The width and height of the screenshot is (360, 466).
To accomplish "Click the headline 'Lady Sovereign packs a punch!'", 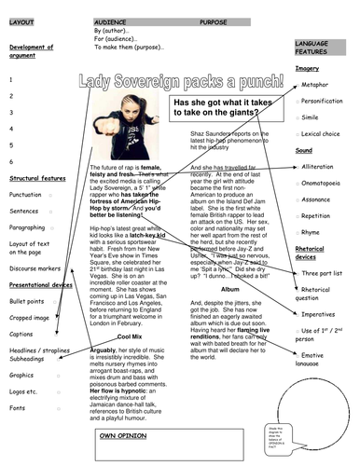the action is click(x=179, y=81).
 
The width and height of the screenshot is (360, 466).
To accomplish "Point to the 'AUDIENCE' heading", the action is click(x=110, y=19).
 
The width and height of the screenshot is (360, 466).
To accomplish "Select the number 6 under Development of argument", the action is click(x=11, y=159).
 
